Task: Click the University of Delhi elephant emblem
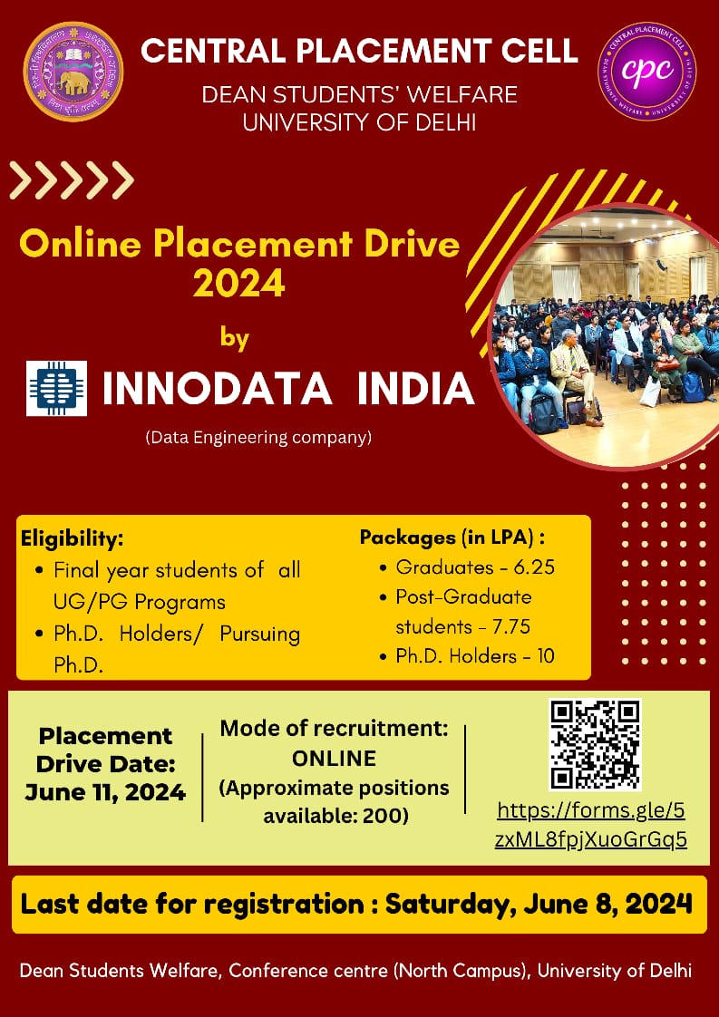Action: click(x=73, y=72)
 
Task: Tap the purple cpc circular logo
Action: click(x=646, y=72)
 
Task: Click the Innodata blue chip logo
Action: click(x=56, y=388)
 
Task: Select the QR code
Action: click(x=595, y=744)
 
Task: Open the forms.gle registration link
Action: click(x=590, y=825)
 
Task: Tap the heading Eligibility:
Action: click(x=72, y=539)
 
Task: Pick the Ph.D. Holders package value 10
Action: click(x=546, y=656)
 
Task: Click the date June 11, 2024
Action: click(x=106, y=792)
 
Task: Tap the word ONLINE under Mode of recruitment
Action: click(x=335, y=758)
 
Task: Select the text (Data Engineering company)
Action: click(x=259, y=439)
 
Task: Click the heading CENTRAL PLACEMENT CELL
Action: click(x=359, y=51)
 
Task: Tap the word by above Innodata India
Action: click(x=235, y=339)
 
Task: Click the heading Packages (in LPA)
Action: click(x=451, y=538)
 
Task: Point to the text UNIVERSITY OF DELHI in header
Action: click(x=359, y=122)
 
